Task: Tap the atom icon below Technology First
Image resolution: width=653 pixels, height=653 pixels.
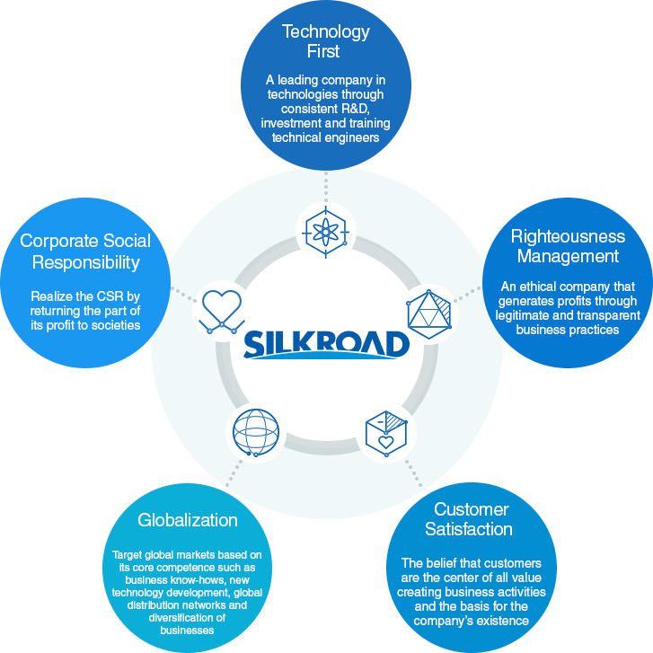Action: (x=326, y=233)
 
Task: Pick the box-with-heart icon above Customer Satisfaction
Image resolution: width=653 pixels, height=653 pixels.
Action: (x=387, y=432)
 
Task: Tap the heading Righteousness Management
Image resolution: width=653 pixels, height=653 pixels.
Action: (x=567, y=246)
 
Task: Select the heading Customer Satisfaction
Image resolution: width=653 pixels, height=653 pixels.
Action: (x=472, y=519)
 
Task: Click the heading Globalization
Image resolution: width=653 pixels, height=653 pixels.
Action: (x=188, y=520)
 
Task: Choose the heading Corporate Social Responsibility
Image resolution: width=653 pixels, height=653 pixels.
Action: (x=85, y=251)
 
